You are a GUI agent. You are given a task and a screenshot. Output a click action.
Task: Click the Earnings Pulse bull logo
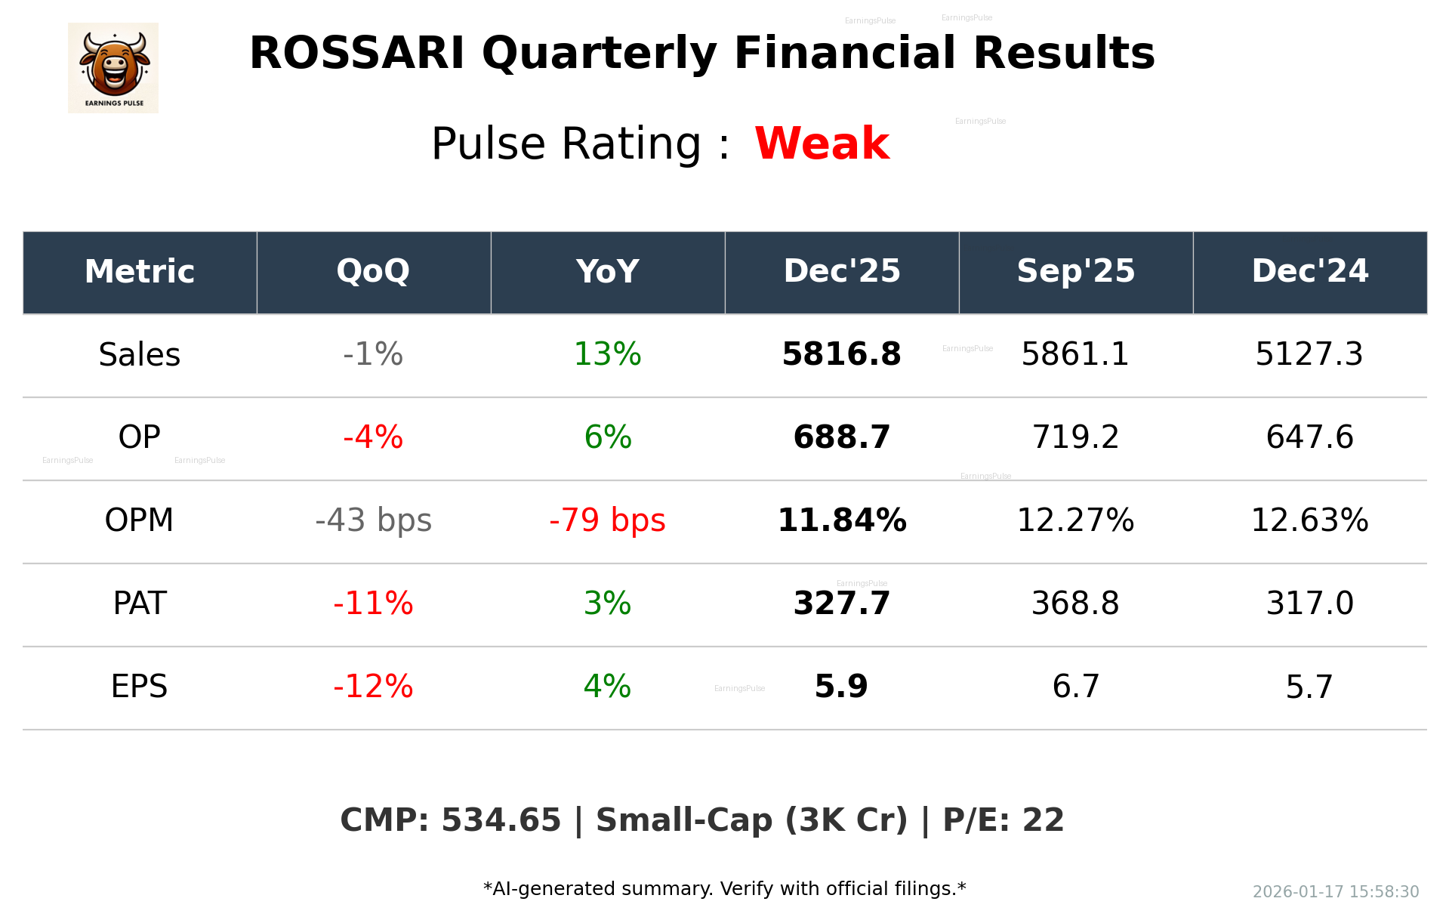(113, 68)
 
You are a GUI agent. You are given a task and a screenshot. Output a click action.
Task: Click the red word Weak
(822, 144)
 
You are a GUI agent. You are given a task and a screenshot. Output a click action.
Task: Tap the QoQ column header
(373, 271)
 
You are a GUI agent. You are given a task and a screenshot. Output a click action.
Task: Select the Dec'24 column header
(1309, 271)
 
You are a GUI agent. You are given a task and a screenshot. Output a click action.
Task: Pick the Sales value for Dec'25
(841, 354)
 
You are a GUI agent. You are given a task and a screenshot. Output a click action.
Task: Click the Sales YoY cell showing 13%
(607, 354)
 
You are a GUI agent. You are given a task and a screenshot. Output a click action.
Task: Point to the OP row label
(140, 437)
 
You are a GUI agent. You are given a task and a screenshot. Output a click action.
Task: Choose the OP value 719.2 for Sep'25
(1075, 437)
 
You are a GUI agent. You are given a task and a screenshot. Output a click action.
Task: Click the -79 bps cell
(607, 520)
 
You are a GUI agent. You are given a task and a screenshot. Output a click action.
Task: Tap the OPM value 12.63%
(1309, 520)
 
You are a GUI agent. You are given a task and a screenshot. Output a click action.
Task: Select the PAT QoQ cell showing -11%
(373, 603)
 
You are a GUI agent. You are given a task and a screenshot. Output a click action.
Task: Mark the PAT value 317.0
(1309, 603)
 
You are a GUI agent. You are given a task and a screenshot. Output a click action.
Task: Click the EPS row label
(140, 687)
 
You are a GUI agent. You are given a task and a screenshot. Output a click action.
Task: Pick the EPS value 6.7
(1075, 687)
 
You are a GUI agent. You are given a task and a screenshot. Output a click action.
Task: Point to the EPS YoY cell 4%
(607, 687)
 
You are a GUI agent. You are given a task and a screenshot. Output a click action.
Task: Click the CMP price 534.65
(501, 820)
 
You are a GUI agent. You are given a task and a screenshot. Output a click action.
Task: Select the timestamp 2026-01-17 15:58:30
(1335, 892)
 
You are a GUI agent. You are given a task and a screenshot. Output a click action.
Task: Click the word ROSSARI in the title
(356, 54)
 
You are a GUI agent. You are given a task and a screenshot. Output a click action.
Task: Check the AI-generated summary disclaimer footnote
(724, 889)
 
